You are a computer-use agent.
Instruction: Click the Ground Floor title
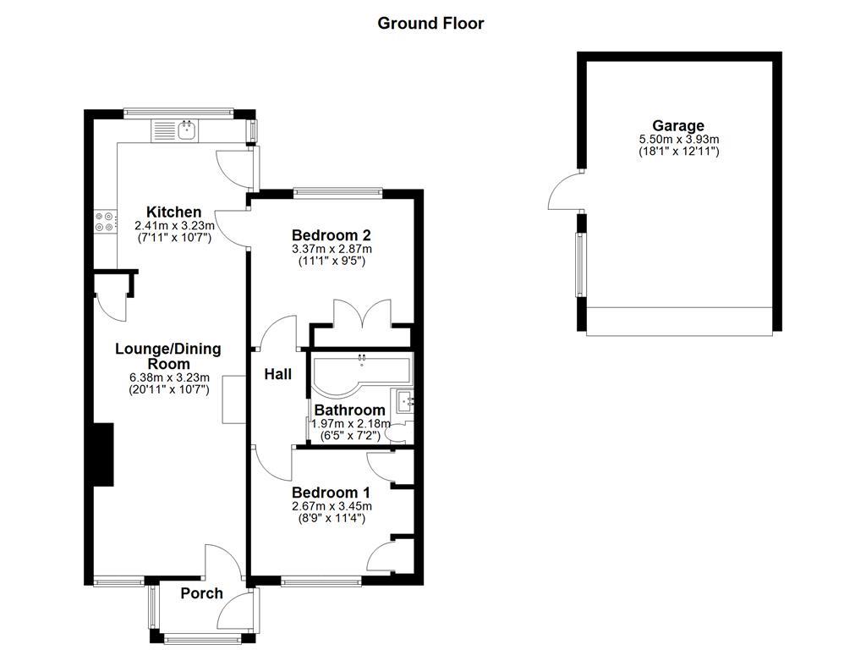pyautogui.click(x=430, y=24)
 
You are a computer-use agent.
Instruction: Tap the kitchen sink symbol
pyautogui.click(x=186, y=130)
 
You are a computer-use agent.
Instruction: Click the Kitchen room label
pyautogui.click(x=173, y=212)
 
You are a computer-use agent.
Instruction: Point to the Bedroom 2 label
pyautogui.click(x=332, y=234)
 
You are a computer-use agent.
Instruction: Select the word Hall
pyautogui.click(x=277, y=373)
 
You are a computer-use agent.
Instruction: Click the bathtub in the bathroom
pyautogui.click(x=359, y=371)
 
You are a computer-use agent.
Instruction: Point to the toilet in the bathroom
pyautogui.click(x=396, y=433)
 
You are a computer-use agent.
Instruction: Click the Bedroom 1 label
pyautogui.click(x=332, y=492)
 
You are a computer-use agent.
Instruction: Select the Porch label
pyautogui.click(x=202, y=593)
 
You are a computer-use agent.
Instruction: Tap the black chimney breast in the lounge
pyautogui.click(x=102, y=454)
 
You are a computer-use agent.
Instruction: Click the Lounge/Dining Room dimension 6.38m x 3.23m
pyautogui.click(x=168, y=377)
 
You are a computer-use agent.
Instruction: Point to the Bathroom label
pyautogui.click(x=349, y=410)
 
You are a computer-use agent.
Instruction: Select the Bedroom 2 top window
pyautogui.click(x=337, y=192)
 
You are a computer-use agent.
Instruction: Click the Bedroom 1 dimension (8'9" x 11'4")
pyautogui.click(x=332, y=518)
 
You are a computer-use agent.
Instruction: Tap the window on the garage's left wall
pyautogui.click(x=580, y=263)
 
